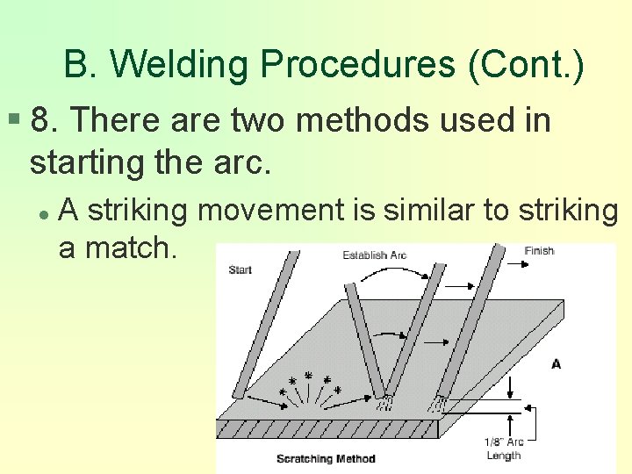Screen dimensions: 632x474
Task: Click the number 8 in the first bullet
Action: click(x=39, y=120)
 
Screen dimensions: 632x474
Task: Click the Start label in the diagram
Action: click(x=241, y=269)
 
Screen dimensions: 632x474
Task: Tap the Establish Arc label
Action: click(x=376, y=255)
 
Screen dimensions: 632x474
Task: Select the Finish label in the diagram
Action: click(x=539, y=251)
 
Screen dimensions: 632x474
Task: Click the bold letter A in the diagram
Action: click(x=556, y=363)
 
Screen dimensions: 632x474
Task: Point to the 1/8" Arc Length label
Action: click(x=503, y=449)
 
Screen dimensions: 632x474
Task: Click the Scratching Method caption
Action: click(x=326, y=458)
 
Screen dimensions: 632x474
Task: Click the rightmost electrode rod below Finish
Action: click(x=473, y=325)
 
